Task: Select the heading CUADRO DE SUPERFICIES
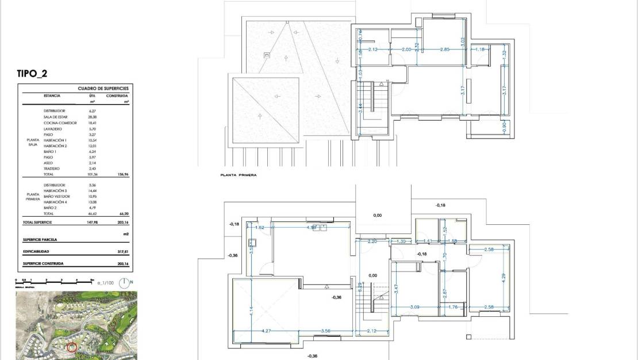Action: click(x=103, y=89)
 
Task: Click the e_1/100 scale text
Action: click(x=106, y=282)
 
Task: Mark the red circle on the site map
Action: click(x=72, y=347)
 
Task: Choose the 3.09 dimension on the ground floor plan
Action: click(x=414, y=307)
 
